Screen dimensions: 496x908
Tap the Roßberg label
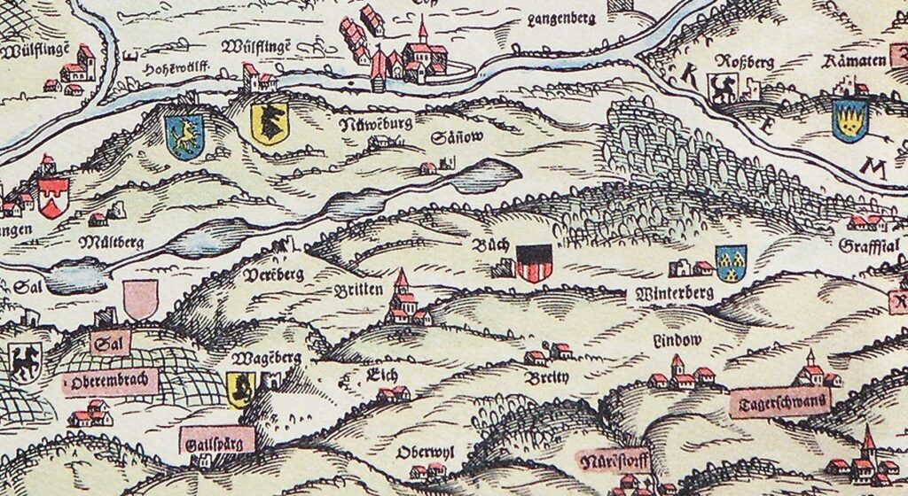click(x=725, y=62)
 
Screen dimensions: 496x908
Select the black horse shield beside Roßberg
click(x=722, y=89)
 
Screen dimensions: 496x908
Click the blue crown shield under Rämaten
click(x=849, y=120)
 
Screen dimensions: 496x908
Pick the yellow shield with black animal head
click(x=270, y=123)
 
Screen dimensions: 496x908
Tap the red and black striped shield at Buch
click(x=534, y=263)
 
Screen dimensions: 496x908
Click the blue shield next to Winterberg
click(x=731, y=261)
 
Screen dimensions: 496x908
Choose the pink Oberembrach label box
click(x=109, y=382)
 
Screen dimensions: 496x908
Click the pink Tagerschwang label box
click(x=779, y=402)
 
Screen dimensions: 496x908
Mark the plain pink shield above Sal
click(x=138, y=298)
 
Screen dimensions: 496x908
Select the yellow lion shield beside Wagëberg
click(x=239, y=389)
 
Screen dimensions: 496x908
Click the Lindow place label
click(x=677, y=340)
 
